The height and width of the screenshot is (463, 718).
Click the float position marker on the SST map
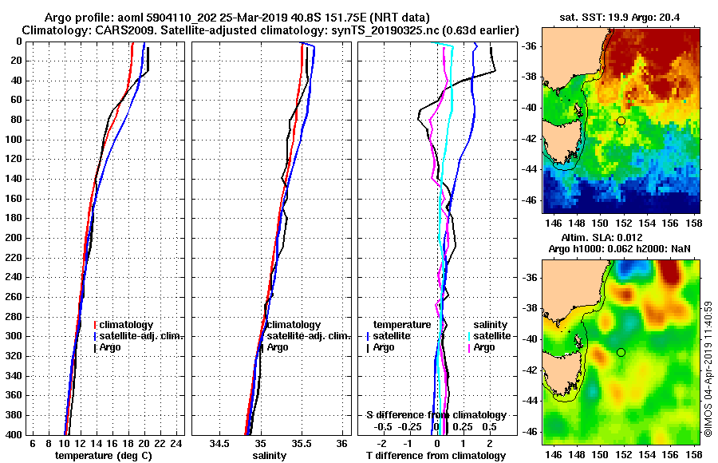tap(621, 121)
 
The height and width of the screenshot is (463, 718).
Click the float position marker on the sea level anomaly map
tap(621, 352)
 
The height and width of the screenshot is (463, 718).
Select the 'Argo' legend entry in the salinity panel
tap(278, 347)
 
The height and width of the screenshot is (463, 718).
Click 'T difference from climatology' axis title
tap(436, 456)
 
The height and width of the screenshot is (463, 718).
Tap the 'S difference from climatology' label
tap(436, 415)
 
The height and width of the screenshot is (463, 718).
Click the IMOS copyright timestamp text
tap(708, 367)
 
